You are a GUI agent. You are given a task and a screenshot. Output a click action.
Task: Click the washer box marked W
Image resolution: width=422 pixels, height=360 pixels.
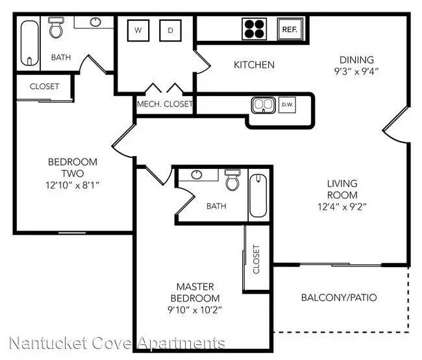pos(138,30)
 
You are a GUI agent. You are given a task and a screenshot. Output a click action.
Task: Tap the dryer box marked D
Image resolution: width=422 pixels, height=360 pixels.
pos(170,30)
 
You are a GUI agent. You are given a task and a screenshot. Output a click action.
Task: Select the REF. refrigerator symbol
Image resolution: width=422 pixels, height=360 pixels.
pos(290,29)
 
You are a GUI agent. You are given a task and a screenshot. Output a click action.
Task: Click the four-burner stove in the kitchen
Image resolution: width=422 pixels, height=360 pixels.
pos(254,29)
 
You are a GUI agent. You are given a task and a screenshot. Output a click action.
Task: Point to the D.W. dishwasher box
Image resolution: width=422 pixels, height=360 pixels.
pos(287,105)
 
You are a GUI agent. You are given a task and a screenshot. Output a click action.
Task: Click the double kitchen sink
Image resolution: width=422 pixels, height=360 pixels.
pos(264,105)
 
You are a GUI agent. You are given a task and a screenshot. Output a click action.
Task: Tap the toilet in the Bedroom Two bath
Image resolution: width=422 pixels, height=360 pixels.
pos(56,27)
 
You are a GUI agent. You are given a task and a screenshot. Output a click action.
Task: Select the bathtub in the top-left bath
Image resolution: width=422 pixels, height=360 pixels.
pos(29,43)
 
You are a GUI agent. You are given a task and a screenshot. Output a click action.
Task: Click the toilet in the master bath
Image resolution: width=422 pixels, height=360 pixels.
pos(232,179)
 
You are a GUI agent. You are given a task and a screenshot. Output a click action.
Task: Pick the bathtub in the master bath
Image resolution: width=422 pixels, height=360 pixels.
pos(258,196)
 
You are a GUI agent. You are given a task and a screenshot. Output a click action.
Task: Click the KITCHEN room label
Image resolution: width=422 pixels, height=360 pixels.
pos(254,65)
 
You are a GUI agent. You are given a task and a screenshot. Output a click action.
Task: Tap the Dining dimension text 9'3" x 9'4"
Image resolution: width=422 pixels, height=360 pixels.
pos(356,71)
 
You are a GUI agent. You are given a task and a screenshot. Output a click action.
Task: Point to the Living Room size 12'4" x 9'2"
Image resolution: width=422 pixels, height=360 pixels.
pos(342,207)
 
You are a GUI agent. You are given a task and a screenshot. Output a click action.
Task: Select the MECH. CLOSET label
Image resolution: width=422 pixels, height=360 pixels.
pos(165,104)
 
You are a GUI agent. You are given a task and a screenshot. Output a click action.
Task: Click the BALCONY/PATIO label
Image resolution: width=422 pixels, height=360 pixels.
pos(339,298)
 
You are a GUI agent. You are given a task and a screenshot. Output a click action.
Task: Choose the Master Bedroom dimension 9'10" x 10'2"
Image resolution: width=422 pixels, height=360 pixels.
pos(195,310)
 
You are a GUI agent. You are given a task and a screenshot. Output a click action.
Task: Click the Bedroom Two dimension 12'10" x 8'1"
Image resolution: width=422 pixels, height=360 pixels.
pos(73,185)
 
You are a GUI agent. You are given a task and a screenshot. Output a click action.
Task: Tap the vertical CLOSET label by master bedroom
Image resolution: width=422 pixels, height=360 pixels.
pos(256,259)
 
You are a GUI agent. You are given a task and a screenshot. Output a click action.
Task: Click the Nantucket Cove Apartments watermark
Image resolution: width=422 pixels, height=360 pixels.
pos(117,343)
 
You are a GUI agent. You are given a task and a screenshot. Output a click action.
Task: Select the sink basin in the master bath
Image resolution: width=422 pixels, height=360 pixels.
pos(197,175)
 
